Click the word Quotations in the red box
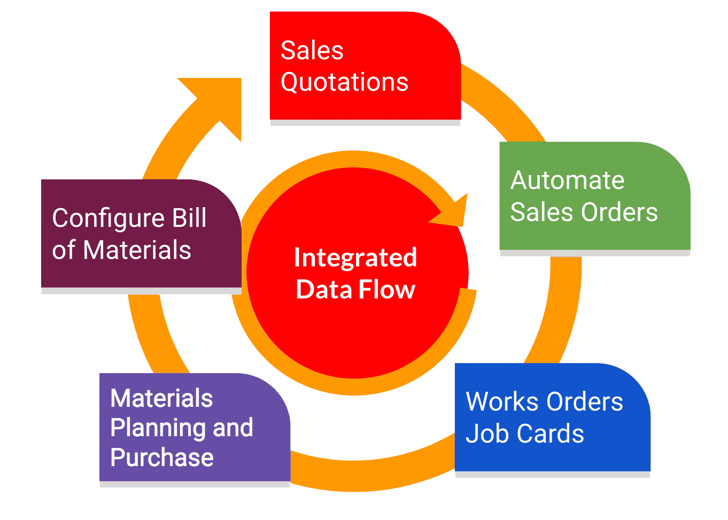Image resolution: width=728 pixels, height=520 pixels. click(x=344, y=83)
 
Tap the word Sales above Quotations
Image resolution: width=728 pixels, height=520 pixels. click(x=312, y=51)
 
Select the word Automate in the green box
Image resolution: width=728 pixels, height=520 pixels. click(x=567, y=180)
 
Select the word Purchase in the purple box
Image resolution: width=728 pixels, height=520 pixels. click(x=162, y=458)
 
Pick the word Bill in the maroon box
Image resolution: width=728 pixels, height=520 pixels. click(x=189, y=218)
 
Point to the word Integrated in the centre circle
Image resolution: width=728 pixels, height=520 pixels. click(x=355, y=258)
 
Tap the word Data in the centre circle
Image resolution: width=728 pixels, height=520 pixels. click(x=323, y=290)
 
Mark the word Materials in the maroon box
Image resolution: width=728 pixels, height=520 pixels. click(x=137, y=250)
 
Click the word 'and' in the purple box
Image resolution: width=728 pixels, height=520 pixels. click(x=233, y=428)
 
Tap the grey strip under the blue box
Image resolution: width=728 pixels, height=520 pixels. click(x=552, y=475)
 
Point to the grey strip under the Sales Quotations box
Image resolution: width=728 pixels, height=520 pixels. click(x=365, y=123)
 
